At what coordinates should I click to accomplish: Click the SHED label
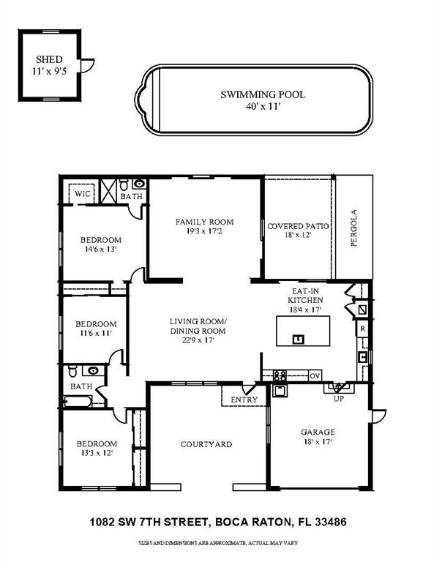pos(49,59)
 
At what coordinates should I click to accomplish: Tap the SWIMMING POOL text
pos(263,94)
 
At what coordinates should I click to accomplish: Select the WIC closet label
pos(83,193)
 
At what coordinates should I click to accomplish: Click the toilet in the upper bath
pos(124,184)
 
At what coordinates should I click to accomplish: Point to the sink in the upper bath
pos(139,184)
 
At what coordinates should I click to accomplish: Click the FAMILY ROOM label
pos(204,222)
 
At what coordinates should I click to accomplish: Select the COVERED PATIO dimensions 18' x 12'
pos(298,236)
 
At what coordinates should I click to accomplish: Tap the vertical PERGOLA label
pos(353,228)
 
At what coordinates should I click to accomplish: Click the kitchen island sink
pos(298,339)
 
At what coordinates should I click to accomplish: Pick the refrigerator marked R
pos(363,329)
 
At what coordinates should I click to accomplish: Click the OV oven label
pos(315,376)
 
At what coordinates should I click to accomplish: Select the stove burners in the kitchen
pos(280,375)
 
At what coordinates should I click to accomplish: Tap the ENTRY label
pos(244,400)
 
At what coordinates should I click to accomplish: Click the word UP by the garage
pos(339,399)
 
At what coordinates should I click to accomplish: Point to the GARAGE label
pos(318,432)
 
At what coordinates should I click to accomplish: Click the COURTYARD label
pos(206,444)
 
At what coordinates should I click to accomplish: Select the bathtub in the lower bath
pos(78,401)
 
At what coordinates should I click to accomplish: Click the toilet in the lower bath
pos(72,371)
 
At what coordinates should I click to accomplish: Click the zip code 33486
pos(330,522)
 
